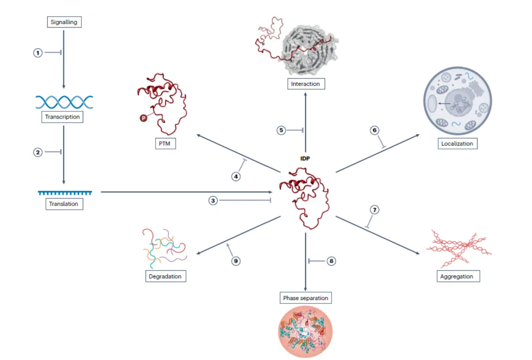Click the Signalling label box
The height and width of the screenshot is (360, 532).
coord(64,22)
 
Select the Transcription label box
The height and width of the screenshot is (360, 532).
coord(63,117)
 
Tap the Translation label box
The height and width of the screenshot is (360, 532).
coord(64,203)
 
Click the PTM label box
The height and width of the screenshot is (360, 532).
coord(165,144)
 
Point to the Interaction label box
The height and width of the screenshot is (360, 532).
coord(305,84)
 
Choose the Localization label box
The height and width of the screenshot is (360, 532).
coord(457,144)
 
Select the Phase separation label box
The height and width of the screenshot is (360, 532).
coord(305,298)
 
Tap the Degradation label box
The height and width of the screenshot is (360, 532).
coord(165,276)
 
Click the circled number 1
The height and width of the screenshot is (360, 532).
coord(38,52)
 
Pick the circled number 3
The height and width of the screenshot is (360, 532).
coord(213,200)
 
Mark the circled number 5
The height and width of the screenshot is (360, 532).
coord(281,131)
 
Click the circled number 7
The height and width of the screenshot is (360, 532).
coord(374,210)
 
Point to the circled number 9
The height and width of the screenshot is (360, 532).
coord(236,261)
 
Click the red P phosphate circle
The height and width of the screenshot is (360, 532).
coord(143,118)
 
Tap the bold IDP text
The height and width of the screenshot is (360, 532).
coord(305,159)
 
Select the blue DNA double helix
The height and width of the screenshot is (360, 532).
coord(64,102)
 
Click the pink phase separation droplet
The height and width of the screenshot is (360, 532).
coord(305,331)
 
